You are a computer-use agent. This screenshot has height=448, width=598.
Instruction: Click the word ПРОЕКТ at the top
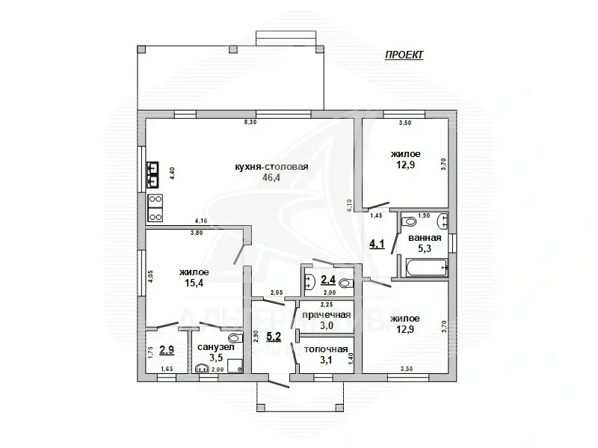(404, 55)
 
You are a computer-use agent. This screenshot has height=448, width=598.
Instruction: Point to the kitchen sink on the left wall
(153, 174)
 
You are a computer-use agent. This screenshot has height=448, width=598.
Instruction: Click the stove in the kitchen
(155, 209)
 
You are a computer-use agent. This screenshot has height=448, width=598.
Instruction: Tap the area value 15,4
(194, 284)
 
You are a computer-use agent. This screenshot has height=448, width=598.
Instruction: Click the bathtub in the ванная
(425, 266)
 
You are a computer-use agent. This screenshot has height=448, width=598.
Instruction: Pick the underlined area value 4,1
(378, 243)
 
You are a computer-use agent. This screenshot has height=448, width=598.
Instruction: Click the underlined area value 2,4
(328, 280)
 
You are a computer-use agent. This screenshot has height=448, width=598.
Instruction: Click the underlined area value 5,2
(274, 337)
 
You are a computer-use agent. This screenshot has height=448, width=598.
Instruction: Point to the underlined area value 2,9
(166, 350)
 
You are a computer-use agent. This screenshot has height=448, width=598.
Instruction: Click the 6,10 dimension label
(348, 206)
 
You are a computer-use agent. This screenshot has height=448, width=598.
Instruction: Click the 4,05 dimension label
(150, 275)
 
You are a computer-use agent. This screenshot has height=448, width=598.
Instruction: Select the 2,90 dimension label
(256, 335)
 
